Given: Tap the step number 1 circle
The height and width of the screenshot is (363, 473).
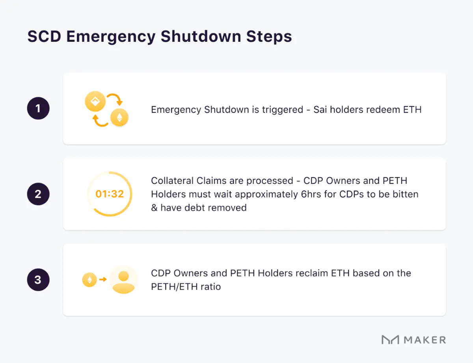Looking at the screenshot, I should tap(38, 108).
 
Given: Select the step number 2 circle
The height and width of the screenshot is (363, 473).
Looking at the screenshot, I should tap(38, 194).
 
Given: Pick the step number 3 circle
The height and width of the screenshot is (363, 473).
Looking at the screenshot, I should tap(38, 280).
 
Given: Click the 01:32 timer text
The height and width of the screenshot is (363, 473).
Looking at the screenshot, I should tap(110, 194).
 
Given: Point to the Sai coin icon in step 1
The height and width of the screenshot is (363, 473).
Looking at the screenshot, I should tap(95, 102).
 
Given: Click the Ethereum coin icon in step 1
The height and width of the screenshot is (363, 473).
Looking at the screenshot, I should tap(119, 117).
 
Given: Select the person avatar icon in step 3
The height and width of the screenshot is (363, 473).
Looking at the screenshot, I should tap(124, 280).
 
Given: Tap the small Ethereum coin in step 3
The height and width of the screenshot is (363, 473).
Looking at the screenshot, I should tap(89, 280).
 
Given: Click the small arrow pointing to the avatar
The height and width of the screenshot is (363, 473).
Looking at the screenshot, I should tap(103, 280).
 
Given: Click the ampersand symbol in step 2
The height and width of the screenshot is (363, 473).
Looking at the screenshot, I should tap(154, 208).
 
